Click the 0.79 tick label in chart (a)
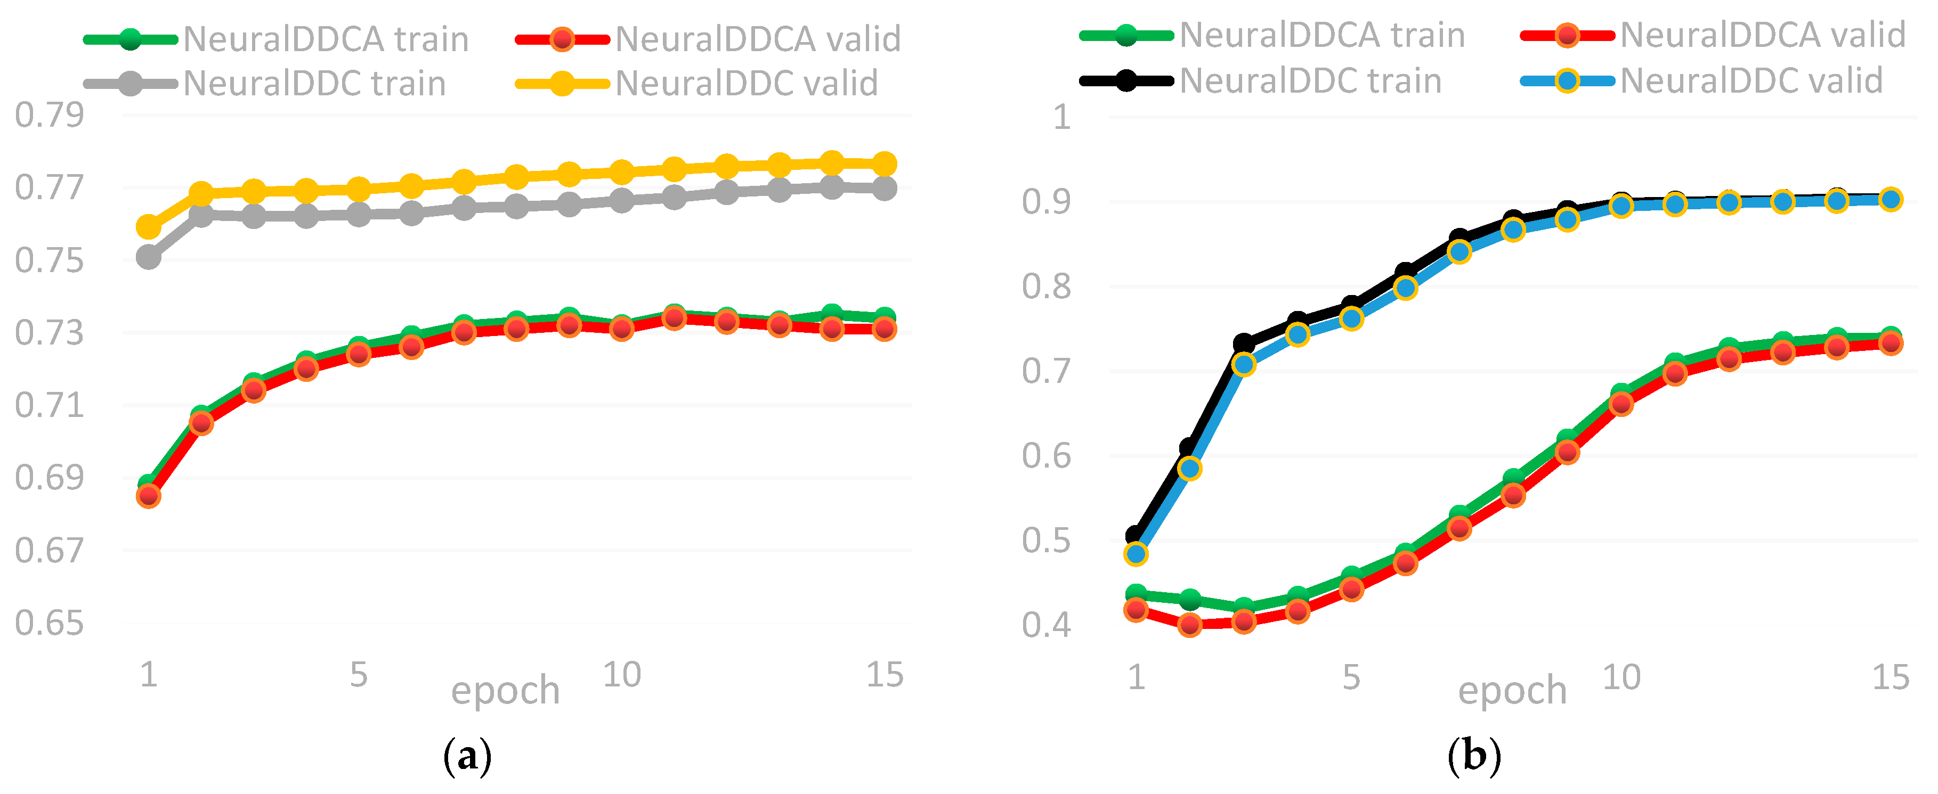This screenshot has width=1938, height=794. (x=49, y=115)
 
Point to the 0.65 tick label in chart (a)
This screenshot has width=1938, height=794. (x=49, y=623)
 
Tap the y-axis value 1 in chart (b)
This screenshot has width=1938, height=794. (x=1061, y=117)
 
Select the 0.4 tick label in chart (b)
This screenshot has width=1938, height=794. (x=1046, y=625)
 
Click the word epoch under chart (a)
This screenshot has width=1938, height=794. (x=505, y=690)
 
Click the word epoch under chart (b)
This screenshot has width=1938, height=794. (x=1512, y=690)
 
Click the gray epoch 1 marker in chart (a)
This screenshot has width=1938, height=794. (x=148, y=258)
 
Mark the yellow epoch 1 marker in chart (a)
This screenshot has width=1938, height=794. (x=148, y=226)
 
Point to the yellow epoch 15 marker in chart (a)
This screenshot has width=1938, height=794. (x=885, y=164)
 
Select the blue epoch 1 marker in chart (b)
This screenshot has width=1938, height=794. (x=1136, y=554)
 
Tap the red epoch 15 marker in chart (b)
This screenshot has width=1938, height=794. (x=1891, y=343)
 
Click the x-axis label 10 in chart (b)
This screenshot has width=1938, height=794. (x=1621, y=677)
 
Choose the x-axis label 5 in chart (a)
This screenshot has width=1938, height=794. (x=359, y=675)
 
